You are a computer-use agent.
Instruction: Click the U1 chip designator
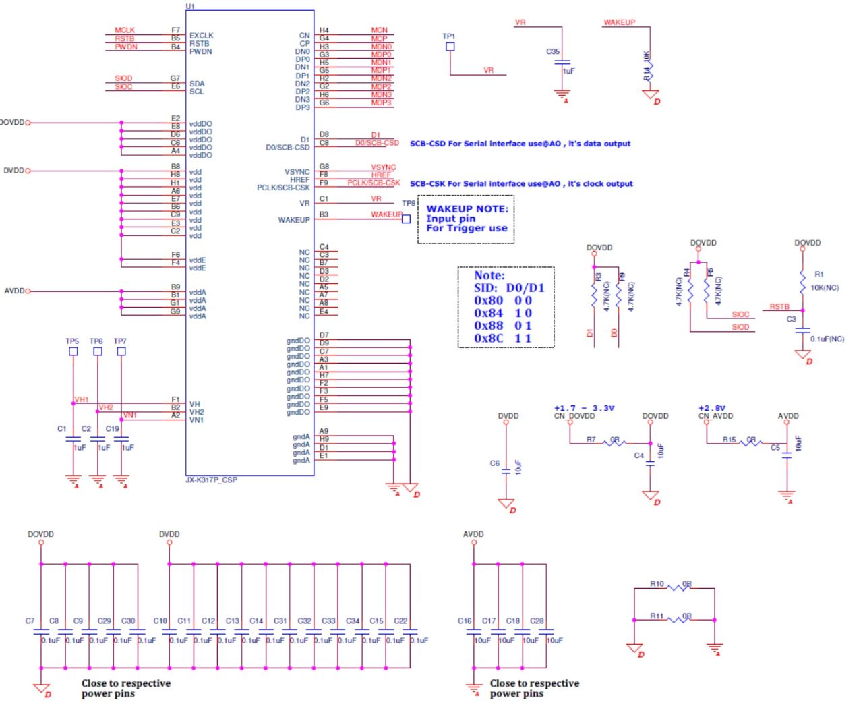tap(190, 6)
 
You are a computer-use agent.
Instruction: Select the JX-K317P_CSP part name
tap(211, 480)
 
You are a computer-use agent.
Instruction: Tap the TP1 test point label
tap(448, 36)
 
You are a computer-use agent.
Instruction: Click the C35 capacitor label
tap(553, 51)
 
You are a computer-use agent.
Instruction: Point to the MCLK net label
tap(125, 30)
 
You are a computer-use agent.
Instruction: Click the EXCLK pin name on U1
tap(201, 36)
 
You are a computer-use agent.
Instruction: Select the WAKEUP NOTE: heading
tap(467, 209)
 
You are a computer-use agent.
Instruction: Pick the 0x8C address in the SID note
tap(488, 338)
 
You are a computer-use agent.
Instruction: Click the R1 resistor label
tap(819, 275)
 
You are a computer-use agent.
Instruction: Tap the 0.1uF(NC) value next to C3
tap(827, 339)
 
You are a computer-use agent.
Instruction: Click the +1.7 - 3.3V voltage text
tap(584, 408)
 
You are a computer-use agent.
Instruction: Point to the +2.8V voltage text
tap(711, 408)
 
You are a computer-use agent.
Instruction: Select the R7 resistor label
tap(591, 440)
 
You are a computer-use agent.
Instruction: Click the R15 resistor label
tap(729, 440)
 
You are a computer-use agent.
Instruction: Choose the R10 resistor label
tap(657, 584)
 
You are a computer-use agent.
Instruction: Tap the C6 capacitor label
tap(494, 463)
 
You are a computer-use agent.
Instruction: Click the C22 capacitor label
tap(400, 621)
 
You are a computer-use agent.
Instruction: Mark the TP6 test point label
tap(96, 341)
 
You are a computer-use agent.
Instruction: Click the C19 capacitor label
tap(112, 428)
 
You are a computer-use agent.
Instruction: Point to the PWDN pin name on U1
tap(200, 51)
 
